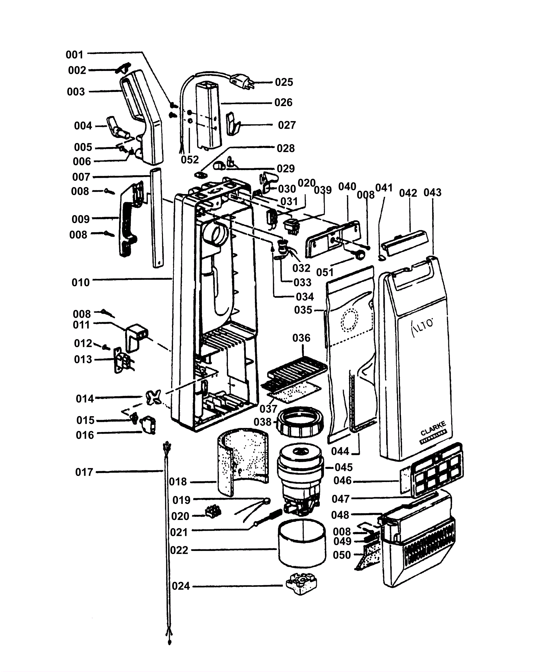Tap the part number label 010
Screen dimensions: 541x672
80,282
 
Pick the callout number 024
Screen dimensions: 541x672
181,586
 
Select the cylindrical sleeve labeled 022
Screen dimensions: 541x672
302,544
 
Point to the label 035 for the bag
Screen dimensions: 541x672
303,310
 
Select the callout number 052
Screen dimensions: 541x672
190,160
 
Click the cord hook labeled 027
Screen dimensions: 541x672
233,123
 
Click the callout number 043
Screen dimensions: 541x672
432,192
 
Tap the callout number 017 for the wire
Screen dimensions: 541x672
84,472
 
